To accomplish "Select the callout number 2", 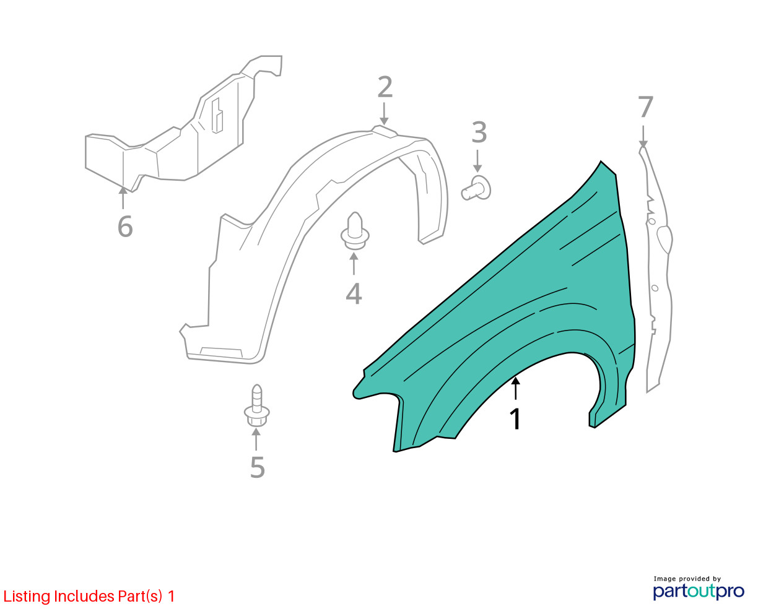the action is (x=385, y=87).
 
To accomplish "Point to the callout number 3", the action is (x=479, y=132).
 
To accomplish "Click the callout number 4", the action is (x=354, y=294).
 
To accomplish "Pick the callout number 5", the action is (x=258, y=467).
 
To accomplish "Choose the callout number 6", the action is (x=125, y=227).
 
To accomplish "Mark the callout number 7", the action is (x=646, y=106).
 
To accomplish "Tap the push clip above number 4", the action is (x=354, y=231).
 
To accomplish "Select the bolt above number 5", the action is (x=256, y=405).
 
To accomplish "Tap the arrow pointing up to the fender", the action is (x=515, y=389).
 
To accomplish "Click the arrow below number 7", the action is (x=643, y=136).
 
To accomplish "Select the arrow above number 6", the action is (x=123, y=198).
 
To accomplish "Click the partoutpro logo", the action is (x=699, y=592).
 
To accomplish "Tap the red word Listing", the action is (x=27, y=597).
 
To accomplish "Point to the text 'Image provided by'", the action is (x=687, y=579).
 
